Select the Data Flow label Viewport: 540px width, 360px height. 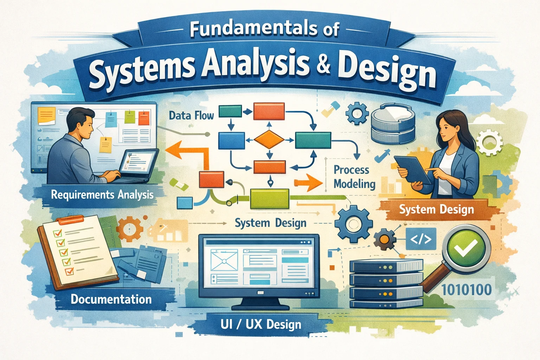pos(191,116)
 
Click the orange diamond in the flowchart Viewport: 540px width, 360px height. pos(269,140)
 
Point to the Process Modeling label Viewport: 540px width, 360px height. pos(354,177)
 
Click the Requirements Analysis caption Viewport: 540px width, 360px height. pos(102,195)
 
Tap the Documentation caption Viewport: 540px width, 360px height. pos(111,299)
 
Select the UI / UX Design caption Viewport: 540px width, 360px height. pos(261,324)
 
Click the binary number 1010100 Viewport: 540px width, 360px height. pos(467,290)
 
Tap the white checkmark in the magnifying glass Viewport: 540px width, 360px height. pos(467,248)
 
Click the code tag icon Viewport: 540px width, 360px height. pos(421,239)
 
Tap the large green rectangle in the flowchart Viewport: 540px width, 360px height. pos(270,199)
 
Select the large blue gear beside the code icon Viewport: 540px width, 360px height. pos(354,224)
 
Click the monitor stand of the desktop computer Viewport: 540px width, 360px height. pos(261,304)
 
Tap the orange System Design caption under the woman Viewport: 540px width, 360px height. pos(436,209)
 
